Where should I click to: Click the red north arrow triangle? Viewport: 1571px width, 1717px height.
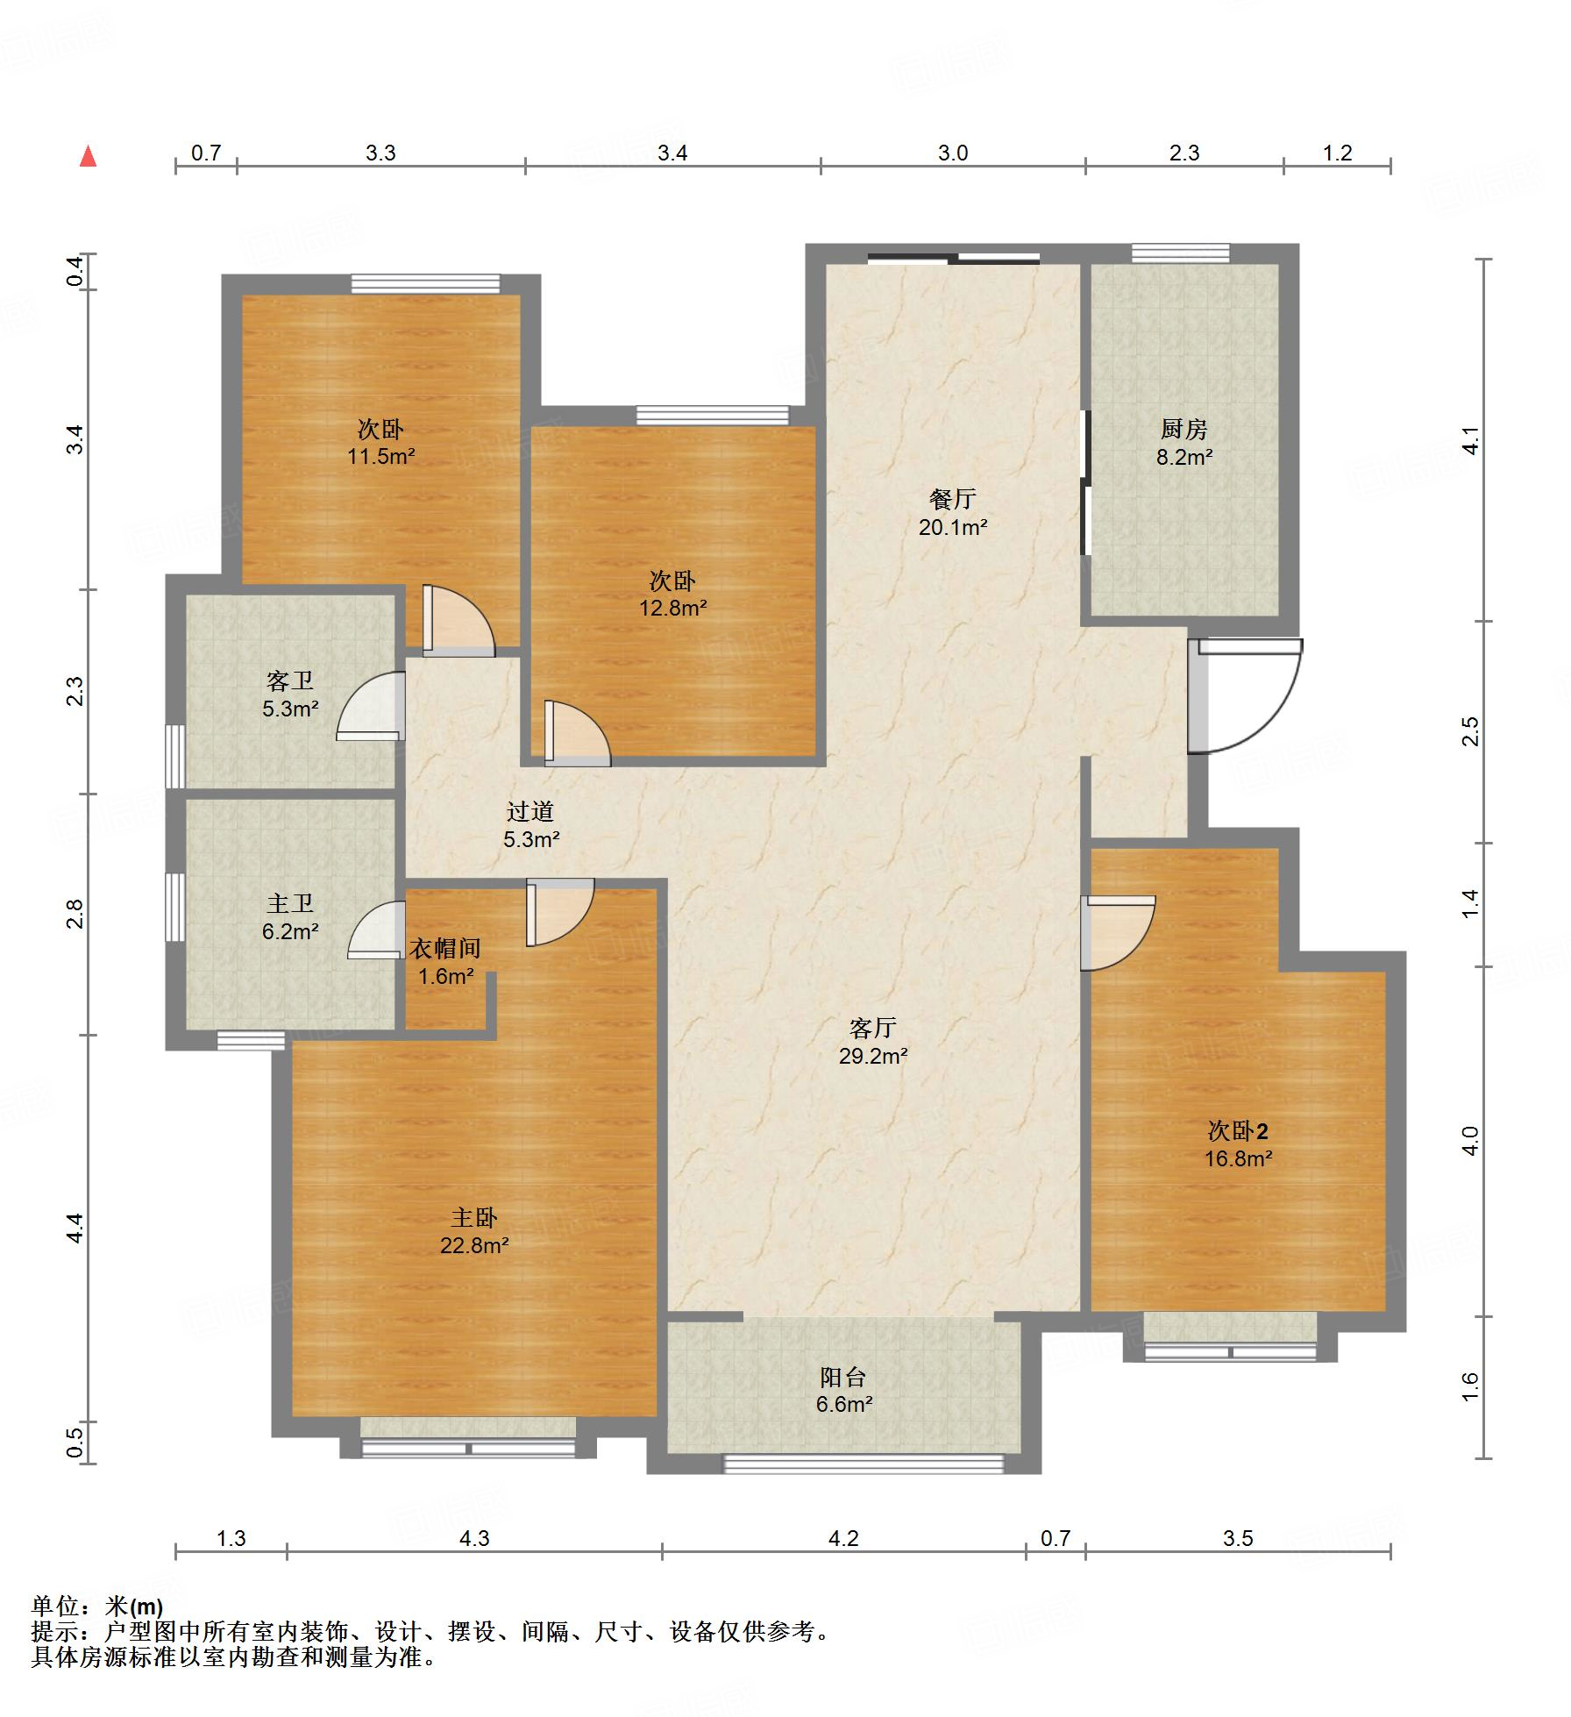click(x=88, y=156)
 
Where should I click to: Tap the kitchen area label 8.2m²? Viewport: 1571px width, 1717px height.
click(x=1184, y=456)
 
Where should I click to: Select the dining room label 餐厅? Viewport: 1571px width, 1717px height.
click(x=953, y=499)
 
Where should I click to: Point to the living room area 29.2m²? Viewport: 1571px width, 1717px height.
click(x=873, y=1056)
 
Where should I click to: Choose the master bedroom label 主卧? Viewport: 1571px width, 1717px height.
click(x=474, y=1217)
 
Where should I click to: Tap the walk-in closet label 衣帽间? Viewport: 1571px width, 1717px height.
click(x=445, y=948)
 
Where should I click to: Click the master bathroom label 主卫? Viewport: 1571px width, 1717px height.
click(x=290, y=903)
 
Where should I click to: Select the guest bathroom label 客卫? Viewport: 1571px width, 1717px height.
click(x=290, y=680)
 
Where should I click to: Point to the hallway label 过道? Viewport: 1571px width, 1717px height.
click(x=530, y=812)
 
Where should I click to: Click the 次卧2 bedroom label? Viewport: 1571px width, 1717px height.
click(x=1238, y=1131)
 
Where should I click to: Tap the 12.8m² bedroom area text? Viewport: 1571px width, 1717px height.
click(x=673, y=608)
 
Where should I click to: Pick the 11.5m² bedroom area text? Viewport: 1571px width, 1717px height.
click(x=380, y=456)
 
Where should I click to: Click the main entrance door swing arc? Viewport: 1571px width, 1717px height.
click(x=1278, y=721)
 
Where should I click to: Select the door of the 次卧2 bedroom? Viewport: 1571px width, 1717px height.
click(x=1118, y=932)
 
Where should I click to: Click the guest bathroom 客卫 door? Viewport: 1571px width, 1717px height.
click(x=372, y=706)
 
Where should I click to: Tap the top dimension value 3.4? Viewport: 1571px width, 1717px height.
click(x=672, y=153)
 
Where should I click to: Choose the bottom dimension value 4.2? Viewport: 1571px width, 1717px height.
click(x=843, y=1538)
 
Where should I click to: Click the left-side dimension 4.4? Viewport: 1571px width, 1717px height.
click(x=75, y=1227)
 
